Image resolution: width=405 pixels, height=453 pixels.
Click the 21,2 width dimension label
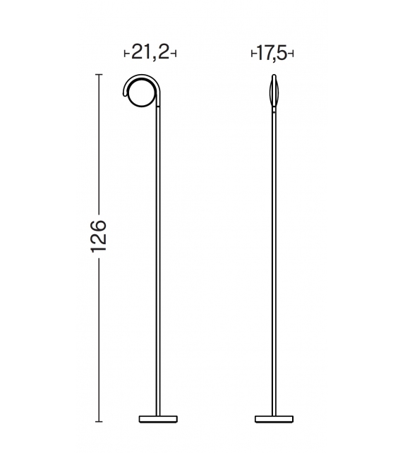[149, 53]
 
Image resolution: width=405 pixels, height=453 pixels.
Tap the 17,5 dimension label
[273, 53]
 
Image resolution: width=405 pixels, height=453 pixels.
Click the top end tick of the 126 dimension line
[99, 74]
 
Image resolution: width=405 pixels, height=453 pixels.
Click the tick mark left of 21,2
[126, 54]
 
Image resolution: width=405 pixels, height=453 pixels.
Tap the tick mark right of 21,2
[174, 54]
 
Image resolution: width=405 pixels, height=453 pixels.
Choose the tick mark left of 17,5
[253, 54]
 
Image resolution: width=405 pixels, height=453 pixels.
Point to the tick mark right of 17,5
[292, 54]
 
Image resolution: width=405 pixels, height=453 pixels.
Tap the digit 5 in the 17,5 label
[284, 53]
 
